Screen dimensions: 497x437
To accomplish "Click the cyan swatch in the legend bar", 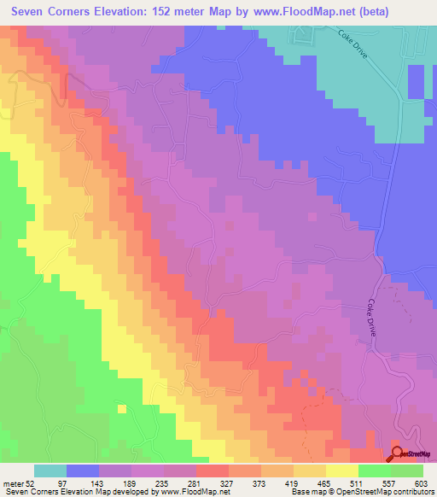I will point(50,470).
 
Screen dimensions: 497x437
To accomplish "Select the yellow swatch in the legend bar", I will point(342,470).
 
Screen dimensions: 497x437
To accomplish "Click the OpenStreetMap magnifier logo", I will point(398,453).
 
